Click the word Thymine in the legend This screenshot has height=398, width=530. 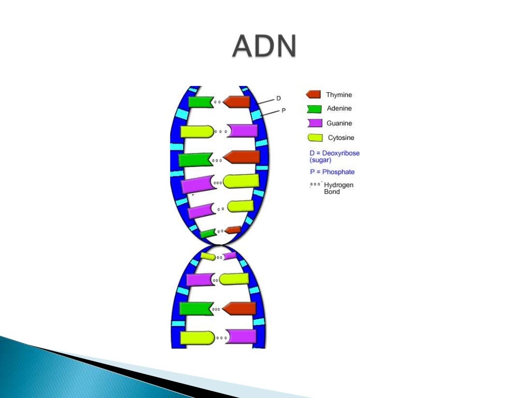[338, 95]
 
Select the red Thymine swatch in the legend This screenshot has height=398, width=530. [313, 94]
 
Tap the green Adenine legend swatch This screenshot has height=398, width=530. [314, 109]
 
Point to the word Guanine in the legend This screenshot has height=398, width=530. [339, 123]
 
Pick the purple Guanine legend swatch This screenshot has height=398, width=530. [315, 123]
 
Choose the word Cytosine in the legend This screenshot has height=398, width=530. [341, 138]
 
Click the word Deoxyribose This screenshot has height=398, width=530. [341, 153]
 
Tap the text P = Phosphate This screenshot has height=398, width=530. [332, 172]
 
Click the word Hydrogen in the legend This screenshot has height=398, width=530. [338, 185]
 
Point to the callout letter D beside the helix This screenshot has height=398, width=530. [278, 98]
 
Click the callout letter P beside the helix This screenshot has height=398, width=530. [283, 110]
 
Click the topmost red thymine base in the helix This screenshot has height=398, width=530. [237, 102]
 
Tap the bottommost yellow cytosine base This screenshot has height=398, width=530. [197, 337]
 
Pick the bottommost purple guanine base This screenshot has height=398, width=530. [242, 336]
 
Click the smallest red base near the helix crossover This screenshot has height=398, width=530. [233, 230]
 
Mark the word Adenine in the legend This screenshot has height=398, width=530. [339, 109]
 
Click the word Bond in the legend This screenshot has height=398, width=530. [332, 192]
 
